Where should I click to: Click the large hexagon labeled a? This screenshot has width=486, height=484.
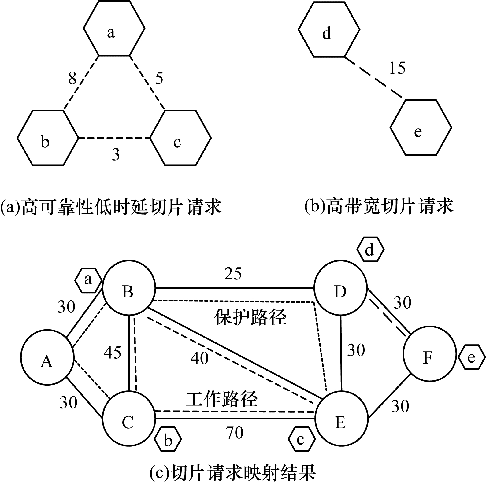114,28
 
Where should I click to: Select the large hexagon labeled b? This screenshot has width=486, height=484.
48,138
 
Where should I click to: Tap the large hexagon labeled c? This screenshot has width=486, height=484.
180,138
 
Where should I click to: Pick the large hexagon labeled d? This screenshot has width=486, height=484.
329,29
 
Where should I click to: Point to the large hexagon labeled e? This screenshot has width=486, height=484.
421,127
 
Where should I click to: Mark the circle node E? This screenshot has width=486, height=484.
341,419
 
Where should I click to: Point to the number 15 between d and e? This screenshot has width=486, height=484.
397,68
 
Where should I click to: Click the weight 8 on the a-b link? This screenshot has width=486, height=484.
72,78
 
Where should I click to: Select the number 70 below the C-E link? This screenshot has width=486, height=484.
235,433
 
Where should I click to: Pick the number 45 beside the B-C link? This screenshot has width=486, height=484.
113,353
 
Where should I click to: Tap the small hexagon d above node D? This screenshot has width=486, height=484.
370,250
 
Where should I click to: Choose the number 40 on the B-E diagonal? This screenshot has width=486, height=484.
199,358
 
